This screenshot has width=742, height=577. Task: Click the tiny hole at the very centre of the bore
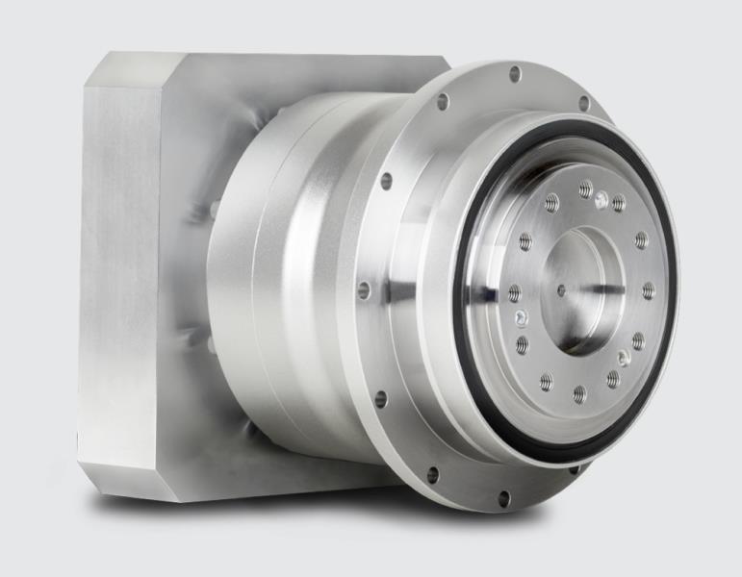pos(561,288)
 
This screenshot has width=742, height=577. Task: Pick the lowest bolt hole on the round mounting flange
pos(503,497)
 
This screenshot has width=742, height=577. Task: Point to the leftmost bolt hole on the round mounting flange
pos(363,288)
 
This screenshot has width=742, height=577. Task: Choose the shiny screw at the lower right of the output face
pos(624,357)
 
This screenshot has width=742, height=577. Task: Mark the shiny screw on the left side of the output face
pos(521,317)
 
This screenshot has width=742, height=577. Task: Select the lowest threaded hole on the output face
pos(578,392)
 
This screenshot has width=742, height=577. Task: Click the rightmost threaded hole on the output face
pos(649,290)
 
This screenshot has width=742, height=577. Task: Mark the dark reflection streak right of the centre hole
pos(601,288)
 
